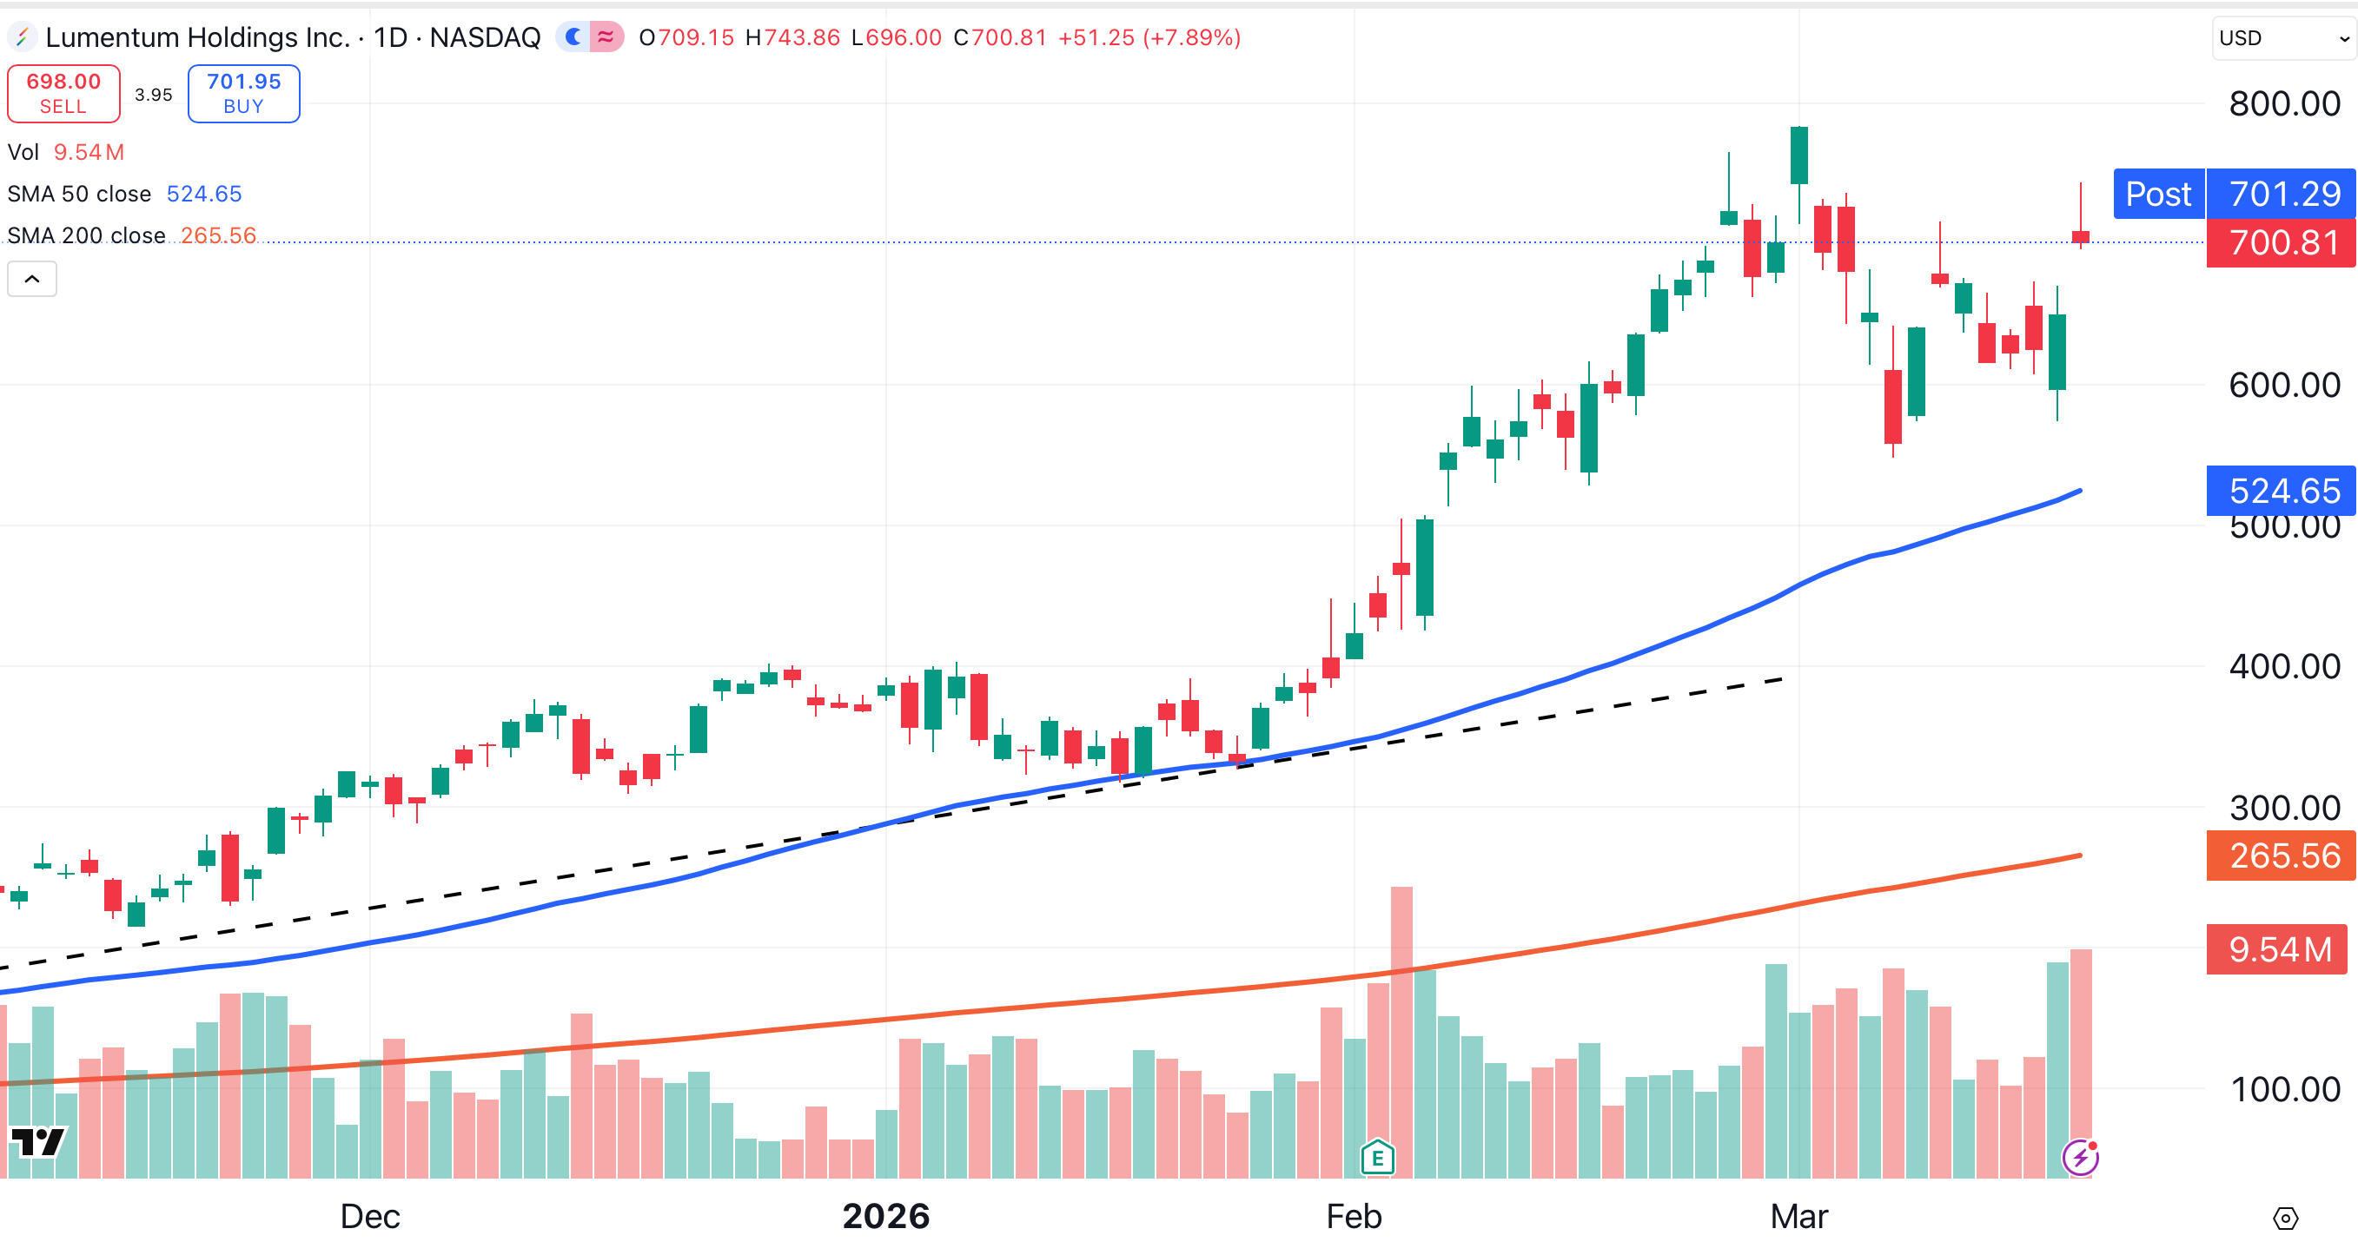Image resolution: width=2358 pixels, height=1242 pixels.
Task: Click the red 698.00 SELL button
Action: pos(63,93)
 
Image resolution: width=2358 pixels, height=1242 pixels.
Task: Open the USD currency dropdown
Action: pos(2282,38)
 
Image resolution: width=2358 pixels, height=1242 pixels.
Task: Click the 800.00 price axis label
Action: pos(2284,103)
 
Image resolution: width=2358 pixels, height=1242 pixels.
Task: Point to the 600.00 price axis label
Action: pos(2284,386)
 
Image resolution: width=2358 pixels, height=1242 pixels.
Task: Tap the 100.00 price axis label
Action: pos(2284,1089)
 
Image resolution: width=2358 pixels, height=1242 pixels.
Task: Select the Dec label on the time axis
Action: pos(370,1216)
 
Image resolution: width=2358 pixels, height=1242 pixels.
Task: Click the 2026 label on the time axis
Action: pos(885,1216)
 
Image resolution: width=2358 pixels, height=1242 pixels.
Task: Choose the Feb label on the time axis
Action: pos(1353,1216)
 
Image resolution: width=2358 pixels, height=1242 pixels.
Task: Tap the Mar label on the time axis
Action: pos(1798,1216)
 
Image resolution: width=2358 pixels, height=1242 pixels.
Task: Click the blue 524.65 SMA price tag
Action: pos(2282,491)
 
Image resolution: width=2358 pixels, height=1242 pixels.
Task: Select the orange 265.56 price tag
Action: pos(2282,856)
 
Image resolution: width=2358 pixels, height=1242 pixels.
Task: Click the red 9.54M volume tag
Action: pos(2278,950)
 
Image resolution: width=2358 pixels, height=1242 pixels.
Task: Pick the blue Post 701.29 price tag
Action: pos(2234,194)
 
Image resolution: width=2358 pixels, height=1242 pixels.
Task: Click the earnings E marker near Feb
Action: pos(1377,1158)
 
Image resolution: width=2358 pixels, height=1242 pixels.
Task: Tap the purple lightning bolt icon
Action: pos(2080,1158)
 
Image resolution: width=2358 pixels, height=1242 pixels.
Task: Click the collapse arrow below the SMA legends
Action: pos(32,279)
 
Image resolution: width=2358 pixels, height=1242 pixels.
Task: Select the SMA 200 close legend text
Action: pos(87,235)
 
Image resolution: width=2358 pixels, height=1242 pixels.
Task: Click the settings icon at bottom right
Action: pos(2285,1219)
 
